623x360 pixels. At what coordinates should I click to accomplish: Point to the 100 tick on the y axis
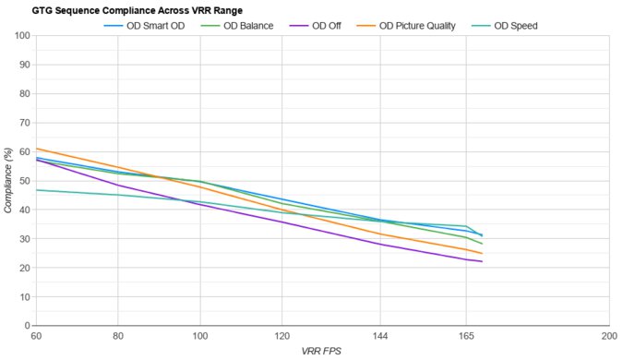coord(22,36)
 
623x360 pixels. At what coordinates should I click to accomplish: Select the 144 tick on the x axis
coord(382,336)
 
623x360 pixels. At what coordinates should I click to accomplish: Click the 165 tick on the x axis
coord(466,336)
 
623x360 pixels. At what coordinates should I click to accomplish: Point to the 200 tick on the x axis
coord(609,336)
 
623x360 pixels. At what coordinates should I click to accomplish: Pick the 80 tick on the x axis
coord(117,336)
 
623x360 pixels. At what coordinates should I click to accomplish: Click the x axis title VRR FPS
coord(322,352)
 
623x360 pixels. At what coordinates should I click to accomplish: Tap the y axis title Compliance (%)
coord(8,181)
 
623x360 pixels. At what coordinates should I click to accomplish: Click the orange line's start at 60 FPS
coord(36,149)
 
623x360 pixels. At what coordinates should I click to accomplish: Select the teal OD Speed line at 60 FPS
coord(36,190)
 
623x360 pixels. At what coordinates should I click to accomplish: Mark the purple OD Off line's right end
coord(482,261)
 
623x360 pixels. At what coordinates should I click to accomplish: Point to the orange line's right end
coord(482,254)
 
